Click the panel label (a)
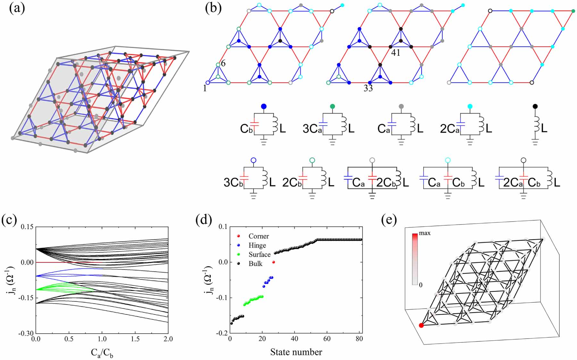pos(17,8)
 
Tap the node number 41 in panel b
pos(396,53)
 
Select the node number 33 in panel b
pos(368,88)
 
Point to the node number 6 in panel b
pos(223,63)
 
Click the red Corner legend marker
pos(238,236)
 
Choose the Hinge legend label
pos(257,245)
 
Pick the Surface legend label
pos(259,254)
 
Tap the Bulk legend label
pos(255,264)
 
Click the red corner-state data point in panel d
pos(273,262)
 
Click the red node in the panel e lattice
pos(421,325)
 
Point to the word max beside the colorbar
pos(425,233)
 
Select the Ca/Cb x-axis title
pos(102,353)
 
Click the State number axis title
pos(296,352)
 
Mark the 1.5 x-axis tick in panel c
pos(135,339)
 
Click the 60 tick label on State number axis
pos(327,339)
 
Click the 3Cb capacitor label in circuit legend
pos(233,183)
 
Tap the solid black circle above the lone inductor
pos(535,106)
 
